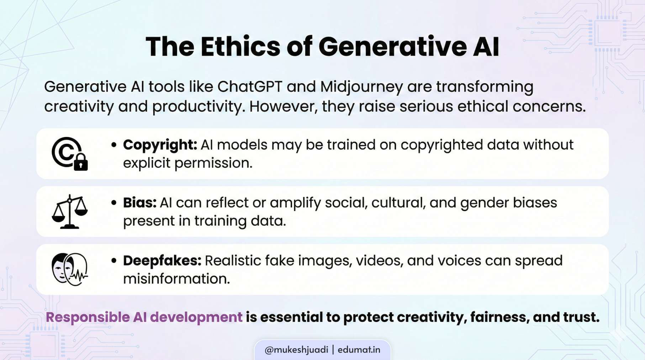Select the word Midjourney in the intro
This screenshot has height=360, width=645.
coord(361,87)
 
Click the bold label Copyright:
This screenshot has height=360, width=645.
coord(160,145)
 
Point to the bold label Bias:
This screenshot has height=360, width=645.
coord(140,203)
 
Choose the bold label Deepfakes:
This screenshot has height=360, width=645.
coord(162,261)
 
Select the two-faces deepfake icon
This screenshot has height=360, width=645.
coord(70,269)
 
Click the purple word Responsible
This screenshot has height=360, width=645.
coord(88,317)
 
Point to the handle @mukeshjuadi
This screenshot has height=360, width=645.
coord(296,350)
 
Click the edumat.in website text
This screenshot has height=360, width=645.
coord(359,350)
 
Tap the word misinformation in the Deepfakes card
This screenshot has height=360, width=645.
coord(176,279)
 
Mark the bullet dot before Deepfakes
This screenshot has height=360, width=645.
coord(114,261)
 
